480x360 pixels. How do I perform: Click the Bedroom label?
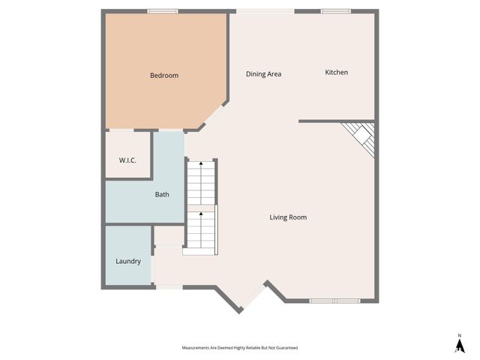tap(164, 75)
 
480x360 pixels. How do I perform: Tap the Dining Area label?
tap(263, 74)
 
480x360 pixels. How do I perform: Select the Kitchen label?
tap(336, 73)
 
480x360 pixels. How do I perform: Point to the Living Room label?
tap(288, 217)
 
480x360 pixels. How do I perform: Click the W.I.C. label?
tap(127, 160)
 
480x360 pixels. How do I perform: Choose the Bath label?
tap(162, 194)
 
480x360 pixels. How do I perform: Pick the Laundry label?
tap(128, 262)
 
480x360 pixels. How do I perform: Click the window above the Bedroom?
tap(162, 11)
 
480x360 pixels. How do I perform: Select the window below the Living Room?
tap(335, 301)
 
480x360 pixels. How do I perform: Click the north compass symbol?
tap(459, 344)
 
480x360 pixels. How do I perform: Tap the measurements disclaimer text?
tap(239, 348)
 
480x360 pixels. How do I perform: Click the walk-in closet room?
tap(128, 154)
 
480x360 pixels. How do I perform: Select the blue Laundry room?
tap(128, 255)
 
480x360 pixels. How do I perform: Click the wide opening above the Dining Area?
tap(265, 11)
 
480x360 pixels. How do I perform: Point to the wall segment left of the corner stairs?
tap(319, 121)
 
